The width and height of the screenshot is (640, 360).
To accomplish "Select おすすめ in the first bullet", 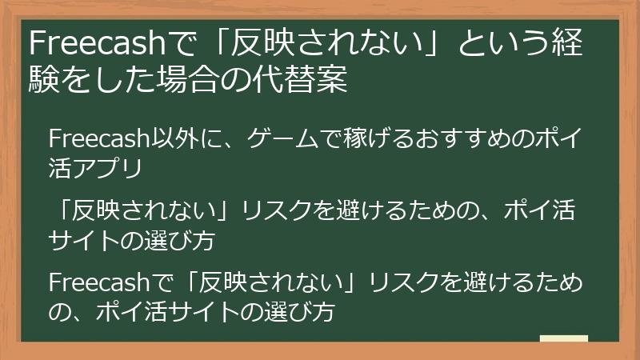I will pos(444,138).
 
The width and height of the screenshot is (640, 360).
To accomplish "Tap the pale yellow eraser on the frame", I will pos(564,340).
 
